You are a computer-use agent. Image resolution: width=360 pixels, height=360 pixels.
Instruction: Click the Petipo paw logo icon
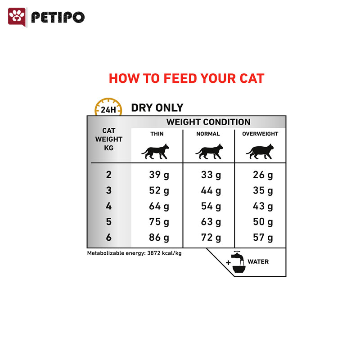(17, 17)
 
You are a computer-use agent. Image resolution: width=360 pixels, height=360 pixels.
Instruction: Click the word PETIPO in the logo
(58, 17)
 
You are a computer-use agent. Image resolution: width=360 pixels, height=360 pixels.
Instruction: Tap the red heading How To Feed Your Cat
(186, 78)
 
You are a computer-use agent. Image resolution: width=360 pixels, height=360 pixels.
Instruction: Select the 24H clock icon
(108, 107)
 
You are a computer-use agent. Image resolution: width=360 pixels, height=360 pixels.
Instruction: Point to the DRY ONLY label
(157, 108)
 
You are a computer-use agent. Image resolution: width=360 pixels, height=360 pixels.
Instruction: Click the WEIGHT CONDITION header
(208, 122)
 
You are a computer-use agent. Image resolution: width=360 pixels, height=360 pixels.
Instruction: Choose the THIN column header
(157, 134)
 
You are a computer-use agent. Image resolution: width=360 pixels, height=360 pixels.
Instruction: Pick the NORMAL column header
(208, 134)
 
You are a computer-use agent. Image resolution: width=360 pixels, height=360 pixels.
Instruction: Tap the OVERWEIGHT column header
(260, 134)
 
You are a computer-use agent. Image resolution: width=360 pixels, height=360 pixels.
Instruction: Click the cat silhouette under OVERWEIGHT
(260, 152)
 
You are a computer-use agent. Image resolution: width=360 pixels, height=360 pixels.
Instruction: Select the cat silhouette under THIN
(155, 152)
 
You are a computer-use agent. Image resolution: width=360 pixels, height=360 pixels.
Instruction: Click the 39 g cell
(159, 175)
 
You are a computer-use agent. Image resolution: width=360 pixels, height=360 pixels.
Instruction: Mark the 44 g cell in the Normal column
(211, 190)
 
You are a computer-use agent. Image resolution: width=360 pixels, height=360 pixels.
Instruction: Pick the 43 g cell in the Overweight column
(263, 206)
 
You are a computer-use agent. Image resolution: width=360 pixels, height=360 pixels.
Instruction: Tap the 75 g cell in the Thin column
(159, 222)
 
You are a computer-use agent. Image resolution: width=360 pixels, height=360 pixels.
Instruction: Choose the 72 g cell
(211, 238)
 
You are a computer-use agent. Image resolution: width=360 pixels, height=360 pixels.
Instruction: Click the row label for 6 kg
(109, 237)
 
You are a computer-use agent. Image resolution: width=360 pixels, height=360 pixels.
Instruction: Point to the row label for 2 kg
(109, 175)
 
